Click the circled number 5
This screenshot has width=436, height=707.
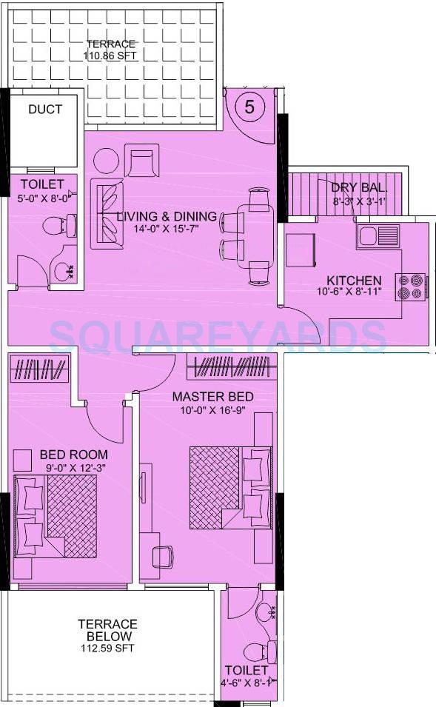pos(249,107)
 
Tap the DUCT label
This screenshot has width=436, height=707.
pos(45,110)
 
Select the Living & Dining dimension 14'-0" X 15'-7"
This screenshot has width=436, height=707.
pos(167,229)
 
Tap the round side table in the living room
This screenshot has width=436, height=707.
pos(106,161)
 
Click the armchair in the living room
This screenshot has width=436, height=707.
pos(141,161)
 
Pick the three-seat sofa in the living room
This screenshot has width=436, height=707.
pos(106,213)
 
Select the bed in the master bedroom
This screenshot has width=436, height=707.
pos(230,486)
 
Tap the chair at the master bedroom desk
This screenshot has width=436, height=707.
pos(162,555)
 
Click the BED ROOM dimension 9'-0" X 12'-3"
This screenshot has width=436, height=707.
pos(74,466)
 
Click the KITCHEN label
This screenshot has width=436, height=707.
pos(355,281)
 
